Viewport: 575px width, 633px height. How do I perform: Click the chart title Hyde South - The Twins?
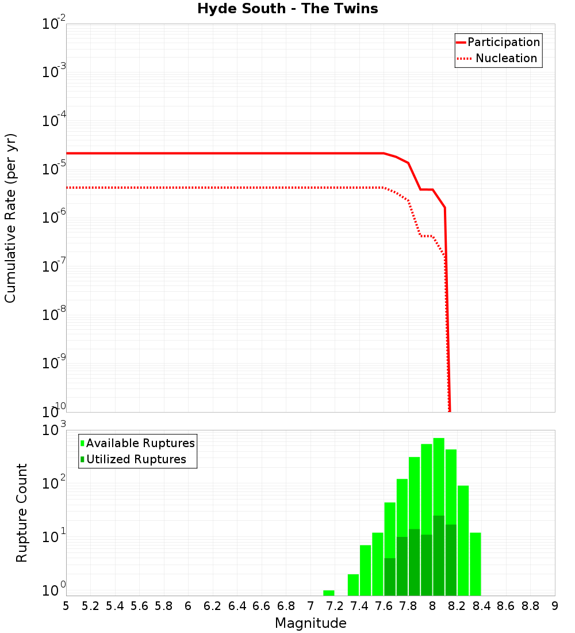287,9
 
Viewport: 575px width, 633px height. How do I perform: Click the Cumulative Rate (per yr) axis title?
10,218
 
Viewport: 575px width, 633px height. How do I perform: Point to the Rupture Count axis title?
22,512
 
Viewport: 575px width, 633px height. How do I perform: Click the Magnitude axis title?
310,623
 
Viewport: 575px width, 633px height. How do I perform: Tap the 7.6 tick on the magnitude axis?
384,606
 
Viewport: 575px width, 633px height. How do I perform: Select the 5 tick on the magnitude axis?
66,606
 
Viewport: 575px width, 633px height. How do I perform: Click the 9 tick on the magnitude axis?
555,606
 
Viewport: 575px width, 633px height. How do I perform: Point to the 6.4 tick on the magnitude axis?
237,606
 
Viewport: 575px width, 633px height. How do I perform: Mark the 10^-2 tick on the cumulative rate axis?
53,24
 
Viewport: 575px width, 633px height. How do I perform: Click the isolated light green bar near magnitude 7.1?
329,593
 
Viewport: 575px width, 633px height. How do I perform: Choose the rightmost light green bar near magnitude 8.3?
476,564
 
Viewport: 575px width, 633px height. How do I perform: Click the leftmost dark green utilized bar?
390,577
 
